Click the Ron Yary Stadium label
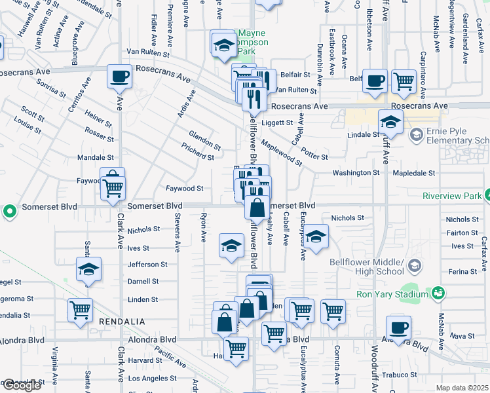(x=391, y=294)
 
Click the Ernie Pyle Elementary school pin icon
(x=415, y=135)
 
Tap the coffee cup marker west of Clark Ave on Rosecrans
(x=119, y=77)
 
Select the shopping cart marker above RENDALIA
(x=80, y=310)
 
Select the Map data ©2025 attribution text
(x=462, y=388)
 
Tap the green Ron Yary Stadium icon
(x=438, y=294)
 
